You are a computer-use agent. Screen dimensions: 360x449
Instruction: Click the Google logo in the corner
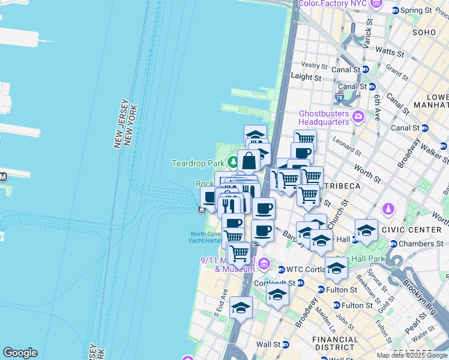(20, 353)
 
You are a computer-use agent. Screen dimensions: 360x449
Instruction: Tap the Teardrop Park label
(197, 163)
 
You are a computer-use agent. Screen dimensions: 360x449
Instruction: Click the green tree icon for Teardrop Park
(232, 163)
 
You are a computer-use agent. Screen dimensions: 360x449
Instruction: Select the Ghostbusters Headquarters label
(324, 118)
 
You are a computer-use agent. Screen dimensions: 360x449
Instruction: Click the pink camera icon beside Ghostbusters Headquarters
(358, 116)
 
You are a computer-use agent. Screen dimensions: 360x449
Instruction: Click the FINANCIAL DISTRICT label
(335, 343)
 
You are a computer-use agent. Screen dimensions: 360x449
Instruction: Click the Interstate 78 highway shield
(340, 97)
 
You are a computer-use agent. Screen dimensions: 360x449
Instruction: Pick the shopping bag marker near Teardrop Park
(249, 161)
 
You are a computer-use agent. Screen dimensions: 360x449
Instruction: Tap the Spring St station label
(415, 10)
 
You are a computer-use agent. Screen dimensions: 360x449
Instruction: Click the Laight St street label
(306, 77)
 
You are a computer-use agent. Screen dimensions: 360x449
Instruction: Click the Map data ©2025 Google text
(411, 355)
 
